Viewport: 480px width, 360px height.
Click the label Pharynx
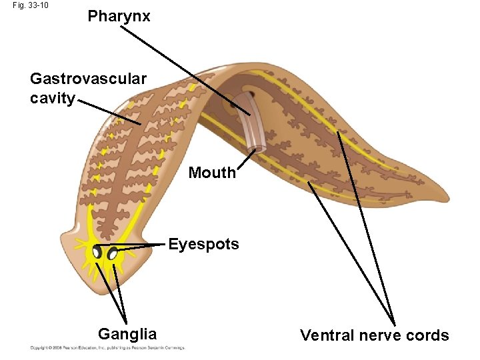(119, 16)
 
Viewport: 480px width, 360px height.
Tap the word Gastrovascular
(88, 79)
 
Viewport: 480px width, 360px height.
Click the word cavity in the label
(53, 99)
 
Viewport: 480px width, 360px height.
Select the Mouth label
(212, 173)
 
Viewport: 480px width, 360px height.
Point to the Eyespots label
(203, 244)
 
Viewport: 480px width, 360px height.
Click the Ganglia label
(127, 334)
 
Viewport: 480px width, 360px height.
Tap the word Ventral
(327, 335)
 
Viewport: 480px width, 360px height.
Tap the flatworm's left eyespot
(97, 252)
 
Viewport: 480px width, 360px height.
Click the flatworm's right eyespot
(113, 253)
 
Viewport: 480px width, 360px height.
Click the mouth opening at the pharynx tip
(257, 145)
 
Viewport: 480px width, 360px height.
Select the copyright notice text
(107, 347)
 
